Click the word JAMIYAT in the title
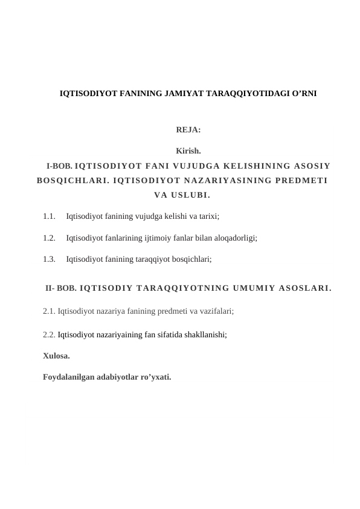click(x=183, y=94)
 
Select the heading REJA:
click(x=188, y=129)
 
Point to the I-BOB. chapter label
click(x=60, y=165)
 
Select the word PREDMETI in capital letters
click(x=300, y=180)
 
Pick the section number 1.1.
click(x=50, y=215)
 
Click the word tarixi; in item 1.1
click(x=207, y=215)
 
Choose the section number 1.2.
click(x=50, y=238)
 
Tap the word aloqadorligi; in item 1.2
click(x=234, y=238)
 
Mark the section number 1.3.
click(x=50, y=259)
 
